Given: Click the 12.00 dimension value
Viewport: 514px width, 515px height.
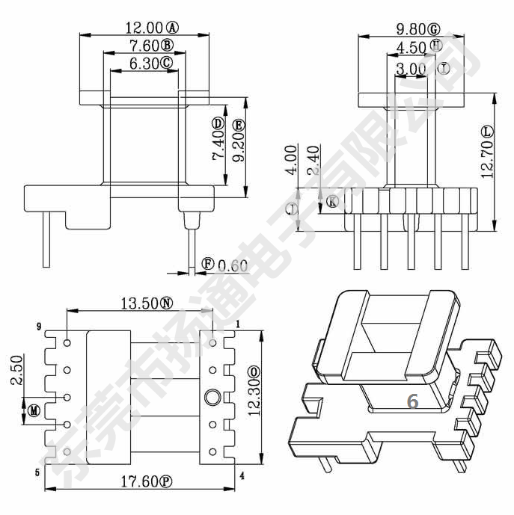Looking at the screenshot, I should coord(145,28).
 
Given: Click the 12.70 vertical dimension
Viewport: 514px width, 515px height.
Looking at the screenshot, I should coord(487,163).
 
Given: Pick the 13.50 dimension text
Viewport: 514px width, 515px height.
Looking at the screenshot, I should coord(138,303).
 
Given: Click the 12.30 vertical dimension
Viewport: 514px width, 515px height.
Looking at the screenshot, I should coord(254,397).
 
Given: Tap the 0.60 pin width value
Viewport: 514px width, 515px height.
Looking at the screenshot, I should coord(233,265).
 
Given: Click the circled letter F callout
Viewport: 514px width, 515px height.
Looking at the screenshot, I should coord(208,264).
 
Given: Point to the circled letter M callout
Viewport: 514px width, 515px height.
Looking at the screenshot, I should coord(34,410).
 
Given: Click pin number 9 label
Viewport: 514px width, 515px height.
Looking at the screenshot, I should coord(38,327).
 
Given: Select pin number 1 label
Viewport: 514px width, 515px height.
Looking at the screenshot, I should coord(238,324).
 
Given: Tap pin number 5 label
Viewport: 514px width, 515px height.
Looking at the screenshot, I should coord(37,472).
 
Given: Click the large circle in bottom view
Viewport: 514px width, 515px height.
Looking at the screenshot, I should coord(212,396).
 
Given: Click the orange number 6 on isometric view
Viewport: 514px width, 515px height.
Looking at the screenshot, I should coord(412,401).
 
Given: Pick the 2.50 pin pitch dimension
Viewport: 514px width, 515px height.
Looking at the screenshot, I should coord(16,371).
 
